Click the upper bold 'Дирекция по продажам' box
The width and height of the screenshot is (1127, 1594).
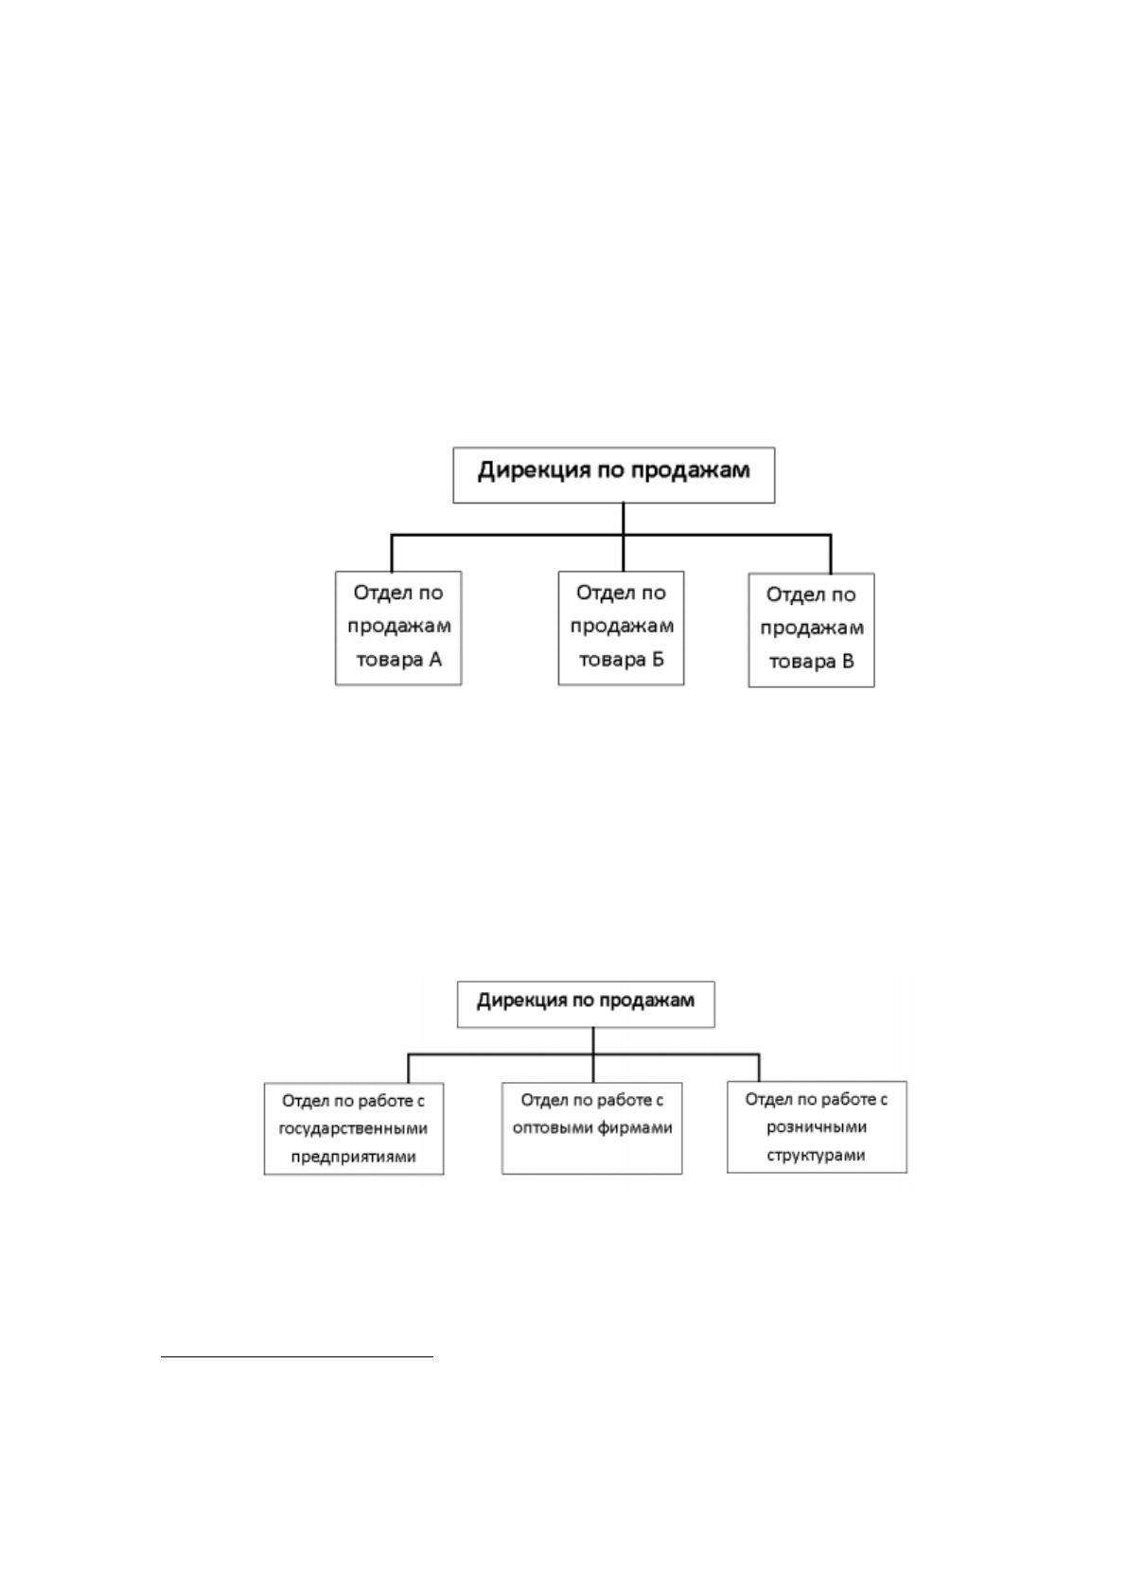(613, 474)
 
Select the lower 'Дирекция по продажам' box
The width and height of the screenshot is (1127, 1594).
(586, 1004)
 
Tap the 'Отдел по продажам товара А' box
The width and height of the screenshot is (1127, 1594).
(398, 628)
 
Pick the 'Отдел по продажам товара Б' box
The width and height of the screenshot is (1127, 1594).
(621, 628)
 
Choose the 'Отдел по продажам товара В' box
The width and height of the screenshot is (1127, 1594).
(811, 629)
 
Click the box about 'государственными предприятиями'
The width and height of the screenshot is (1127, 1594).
(354, 1128)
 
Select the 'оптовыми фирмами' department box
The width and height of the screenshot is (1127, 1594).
(592, 1128)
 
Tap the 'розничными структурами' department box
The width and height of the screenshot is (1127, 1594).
(817, 1126)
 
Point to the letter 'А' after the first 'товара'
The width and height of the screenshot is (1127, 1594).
(434, 660)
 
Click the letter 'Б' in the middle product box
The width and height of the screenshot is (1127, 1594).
(658, 660)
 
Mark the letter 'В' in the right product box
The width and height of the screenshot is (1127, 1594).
(848, 662)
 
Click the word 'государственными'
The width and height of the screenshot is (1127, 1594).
(353, 1129)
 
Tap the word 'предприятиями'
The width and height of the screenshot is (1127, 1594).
(353, 1157)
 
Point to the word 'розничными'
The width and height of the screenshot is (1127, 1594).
(816, 1127)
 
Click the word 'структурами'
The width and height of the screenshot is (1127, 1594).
(816, 1155)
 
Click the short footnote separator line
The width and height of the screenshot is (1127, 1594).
(297, 1357)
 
